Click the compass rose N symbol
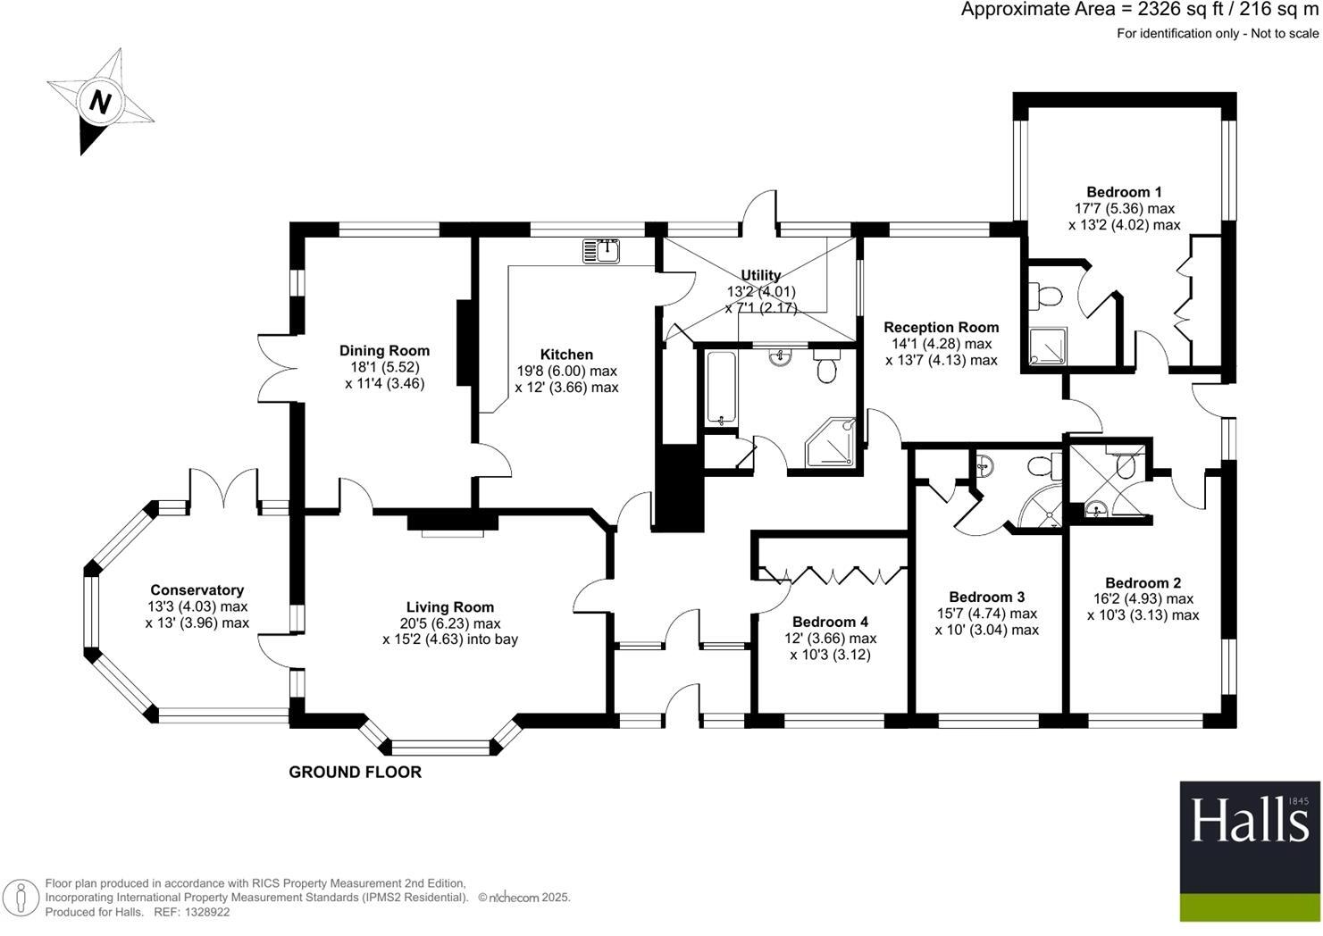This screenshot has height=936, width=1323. pos(100,102)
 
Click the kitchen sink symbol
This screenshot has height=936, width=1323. pos(602,251)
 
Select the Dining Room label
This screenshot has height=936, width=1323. pos(384,351)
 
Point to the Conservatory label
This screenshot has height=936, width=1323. pos(197,590)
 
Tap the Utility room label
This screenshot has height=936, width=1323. pos(760,275)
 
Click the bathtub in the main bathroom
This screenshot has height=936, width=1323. pos(719,389)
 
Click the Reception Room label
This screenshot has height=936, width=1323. pos(941,327)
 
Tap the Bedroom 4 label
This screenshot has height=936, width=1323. pos(830,622)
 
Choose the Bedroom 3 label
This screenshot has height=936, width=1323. pos(986,597)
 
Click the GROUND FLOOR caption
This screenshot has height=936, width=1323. pos(355,773)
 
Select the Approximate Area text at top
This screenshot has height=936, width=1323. pos(1139,10)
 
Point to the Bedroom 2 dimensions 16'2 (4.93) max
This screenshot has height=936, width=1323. pos(1142,599)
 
